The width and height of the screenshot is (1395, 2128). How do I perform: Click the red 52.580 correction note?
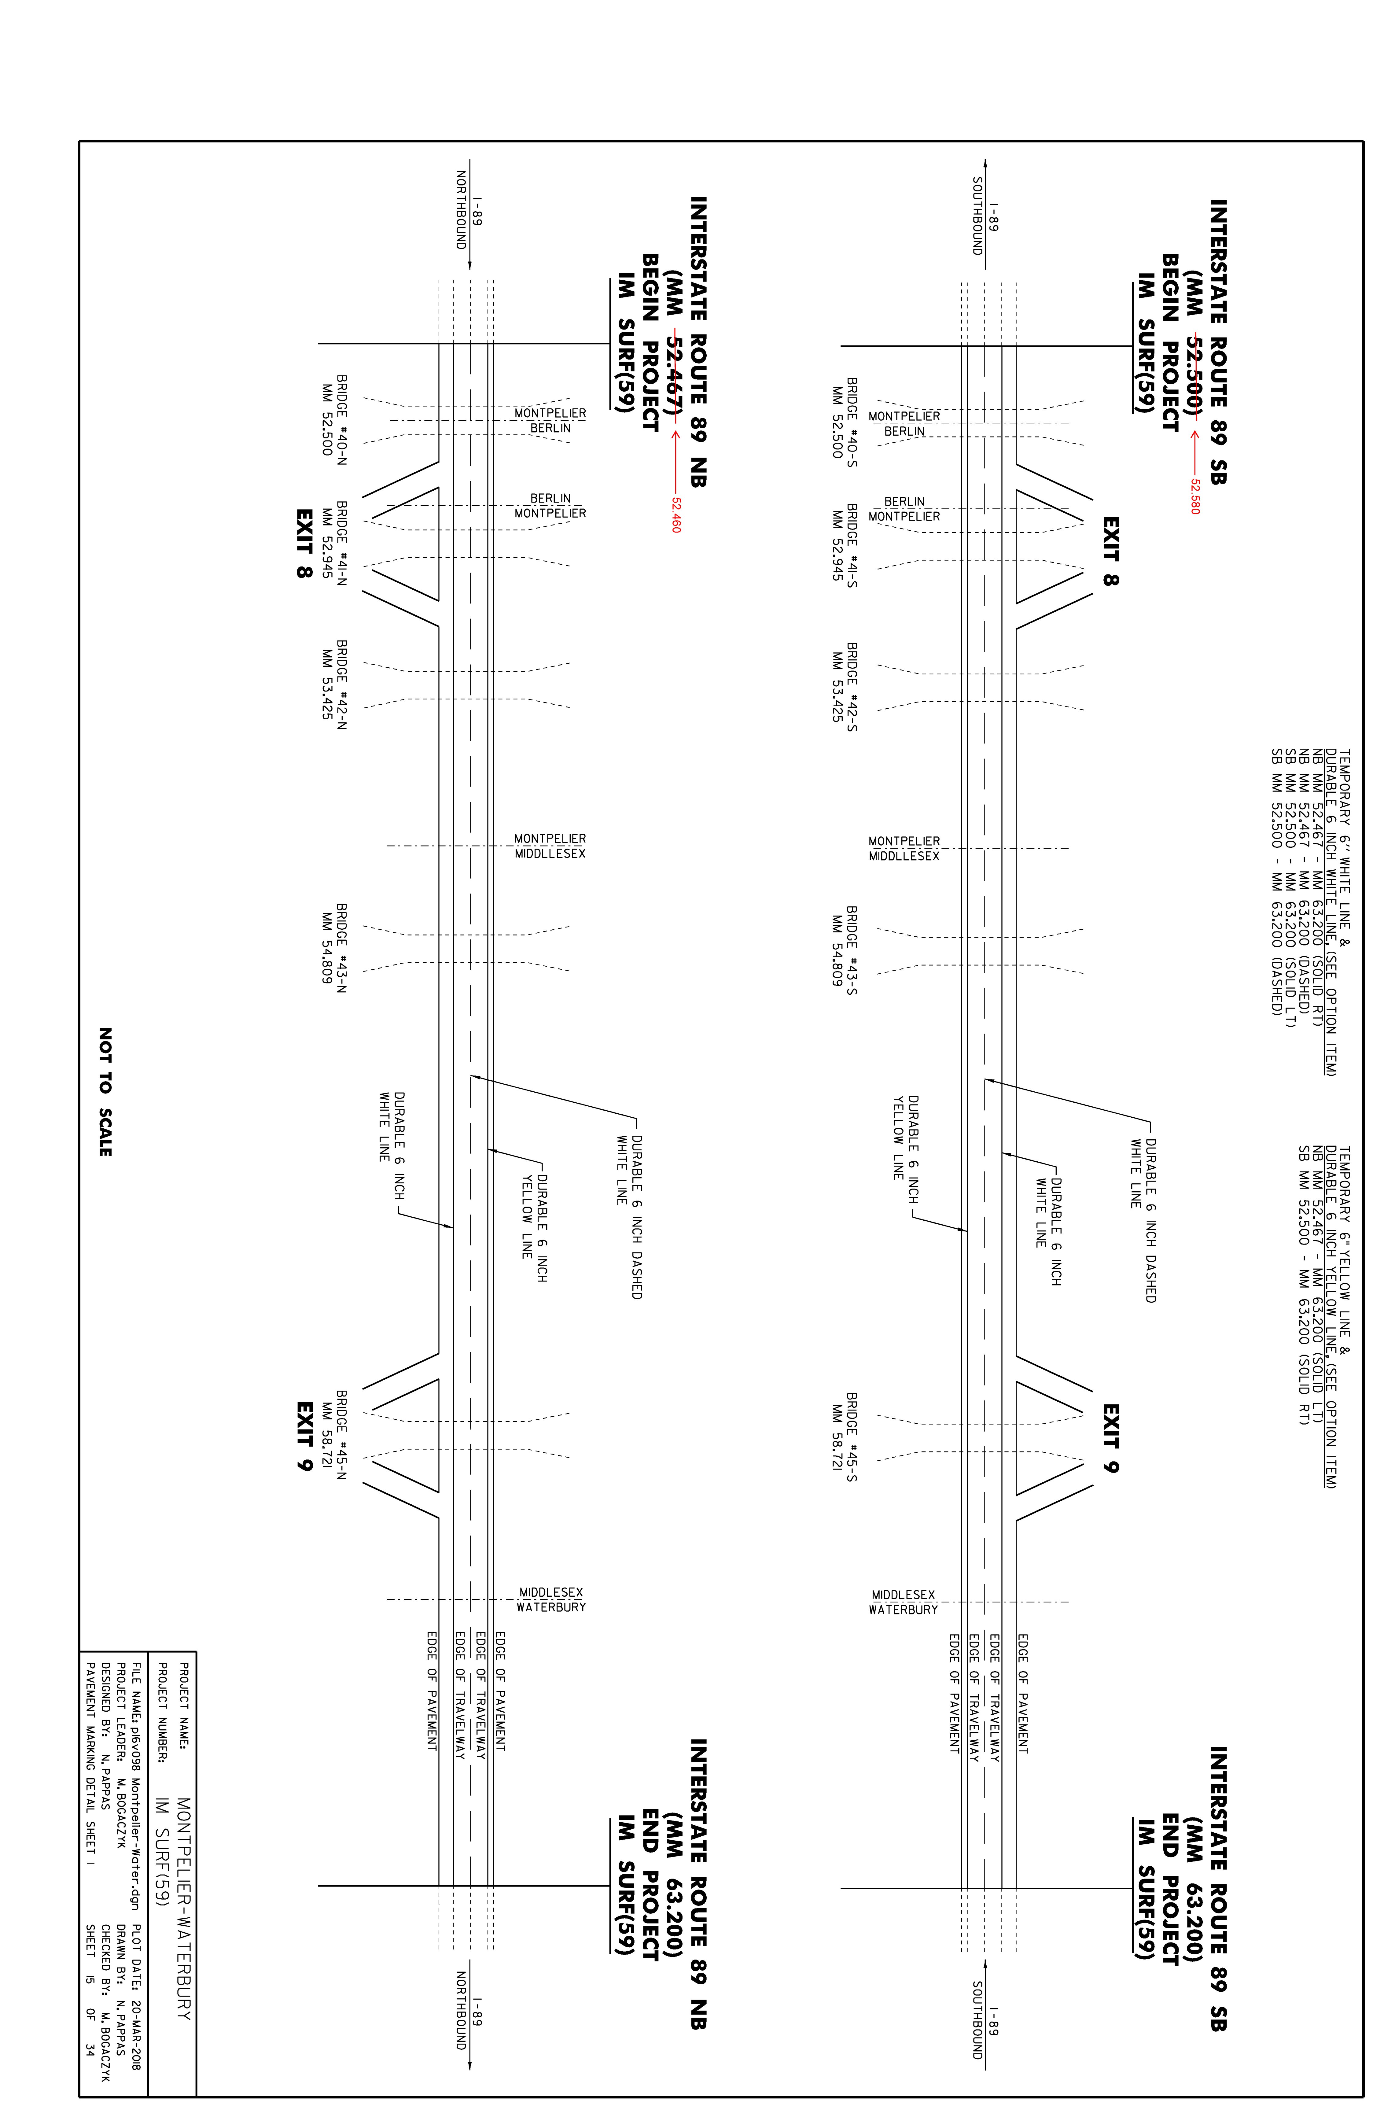[1195, 496]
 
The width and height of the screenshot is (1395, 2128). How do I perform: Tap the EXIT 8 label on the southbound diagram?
[1111, 551]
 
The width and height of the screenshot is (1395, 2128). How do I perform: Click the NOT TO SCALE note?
[105, 1092]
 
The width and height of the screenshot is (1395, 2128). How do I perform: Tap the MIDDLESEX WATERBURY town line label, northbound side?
[551, 1599]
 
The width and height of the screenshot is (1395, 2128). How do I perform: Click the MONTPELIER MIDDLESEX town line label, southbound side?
[904, 849]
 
